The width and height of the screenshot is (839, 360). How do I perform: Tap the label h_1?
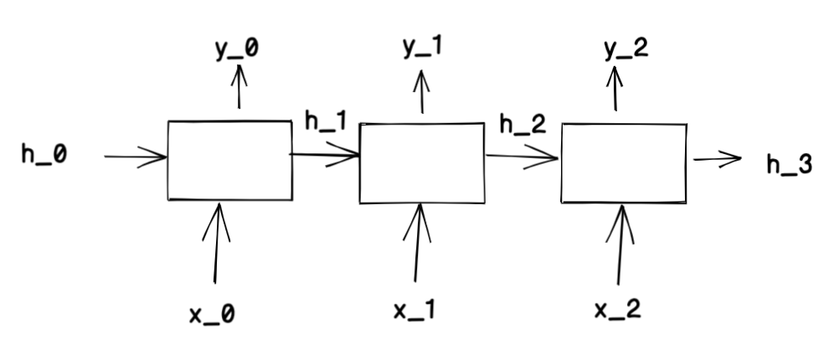pos(326,122)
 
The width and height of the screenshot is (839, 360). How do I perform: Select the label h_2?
pos(522,125)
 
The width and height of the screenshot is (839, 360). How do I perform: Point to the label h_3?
pos(789,165)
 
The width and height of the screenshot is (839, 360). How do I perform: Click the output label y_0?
pos(236,49)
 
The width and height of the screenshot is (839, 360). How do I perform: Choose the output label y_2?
pos(625,49)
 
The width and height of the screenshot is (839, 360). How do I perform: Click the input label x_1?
pos(414,311)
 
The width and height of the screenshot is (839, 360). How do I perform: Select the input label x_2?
pos(619,311)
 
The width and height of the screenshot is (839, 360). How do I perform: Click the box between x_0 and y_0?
pos(230,161)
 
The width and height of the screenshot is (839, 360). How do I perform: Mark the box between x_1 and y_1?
pos(421,163)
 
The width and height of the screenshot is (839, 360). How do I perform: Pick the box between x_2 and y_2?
pos(623,163)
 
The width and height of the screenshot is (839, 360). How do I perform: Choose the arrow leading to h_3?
pos(718,159)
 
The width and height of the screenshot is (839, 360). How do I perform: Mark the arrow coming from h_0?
pos(136,156)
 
